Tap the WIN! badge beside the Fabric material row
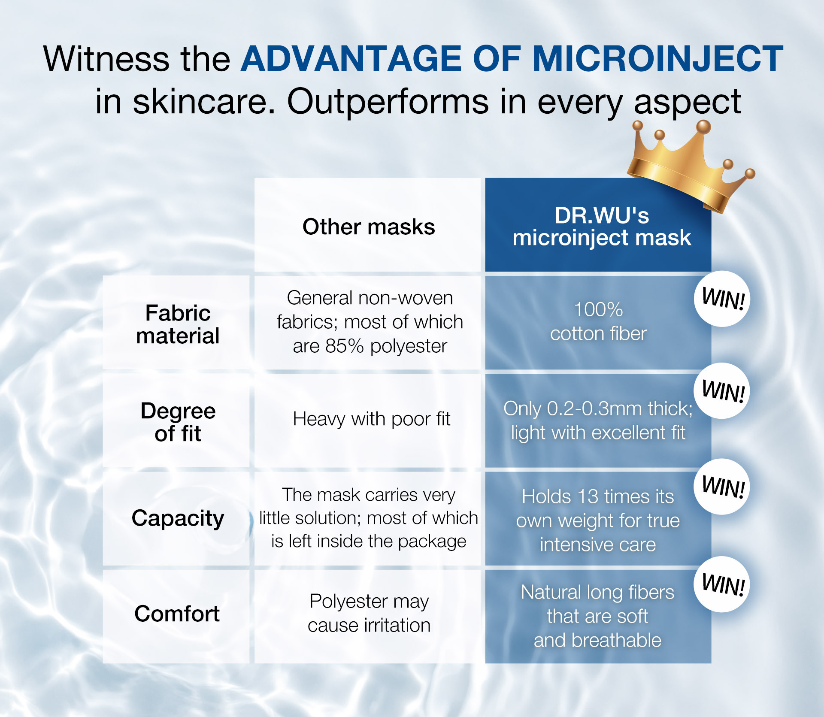click(722, 299)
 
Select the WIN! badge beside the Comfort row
click(722, 584)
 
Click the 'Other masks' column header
click(369, 227)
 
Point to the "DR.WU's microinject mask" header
click(602, 227)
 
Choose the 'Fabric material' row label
click(178, 324)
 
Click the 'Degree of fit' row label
click(178, 422)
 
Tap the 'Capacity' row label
click(178, 518)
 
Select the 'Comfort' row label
click(177, 614)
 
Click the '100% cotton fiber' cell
click(598, 321)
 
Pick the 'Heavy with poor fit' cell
click(372, 419)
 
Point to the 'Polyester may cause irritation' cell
click(369, 613)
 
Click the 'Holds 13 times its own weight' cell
click(598, 520)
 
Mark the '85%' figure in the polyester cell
click(345, 346)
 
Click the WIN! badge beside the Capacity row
click(722, 487)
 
